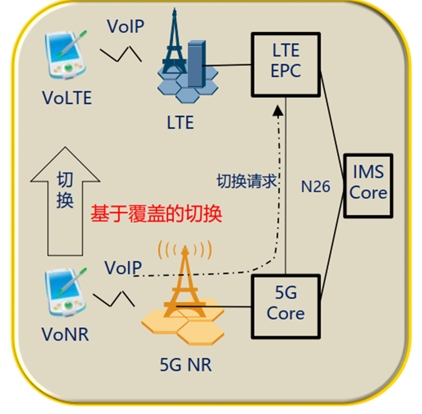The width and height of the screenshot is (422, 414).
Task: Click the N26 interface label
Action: (x=315, y=186)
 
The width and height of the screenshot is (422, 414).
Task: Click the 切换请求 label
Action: (x=247, y=182)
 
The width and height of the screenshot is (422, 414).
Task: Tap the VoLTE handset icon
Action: (x=66, y=54)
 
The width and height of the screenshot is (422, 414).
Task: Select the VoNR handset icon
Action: (x=66, y=292)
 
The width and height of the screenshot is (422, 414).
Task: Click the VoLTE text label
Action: (x=67, y=98)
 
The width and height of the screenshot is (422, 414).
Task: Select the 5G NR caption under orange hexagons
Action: (x=185, y=364)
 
